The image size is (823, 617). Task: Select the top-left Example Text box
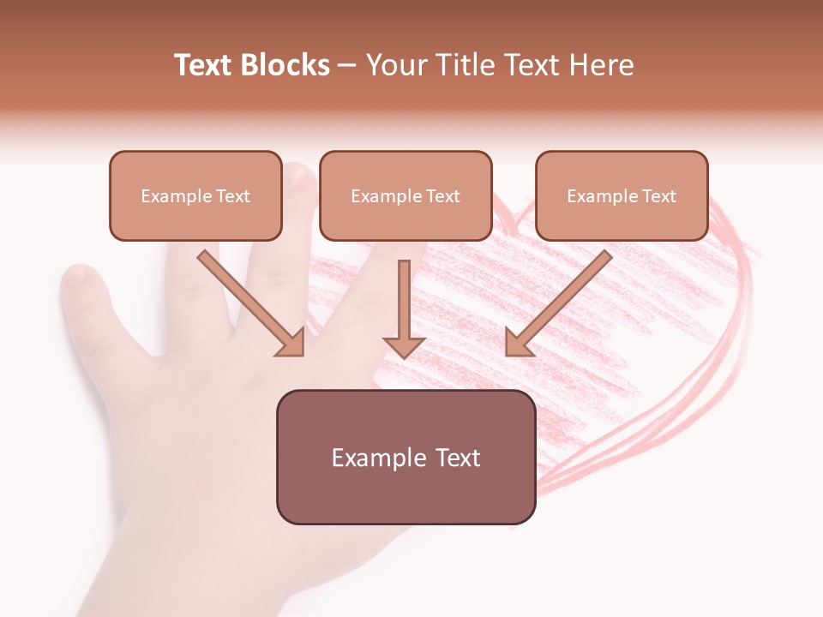pos(195,195)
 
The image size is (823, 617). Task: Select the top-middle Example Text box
pos(405,195)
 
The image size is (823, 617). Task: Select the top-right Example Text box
pos(622,195)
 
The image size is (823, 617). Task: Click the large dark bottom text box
pos(405,457)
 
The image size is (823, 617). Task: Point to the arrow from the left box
pos(249,302)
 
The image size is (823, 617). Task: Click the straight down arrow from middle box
pos(404,304)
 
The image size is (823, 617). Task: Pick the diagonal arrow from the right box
pos(561,302)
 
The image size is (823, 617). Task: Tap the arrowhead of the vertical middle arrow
pos(404,346)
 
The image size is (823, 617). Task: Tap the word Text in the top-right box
pos(658,196)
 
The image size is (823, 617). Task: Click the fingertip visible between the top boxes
pos(300,176)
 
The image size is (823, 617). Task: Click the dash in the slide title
pos(347,66)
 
